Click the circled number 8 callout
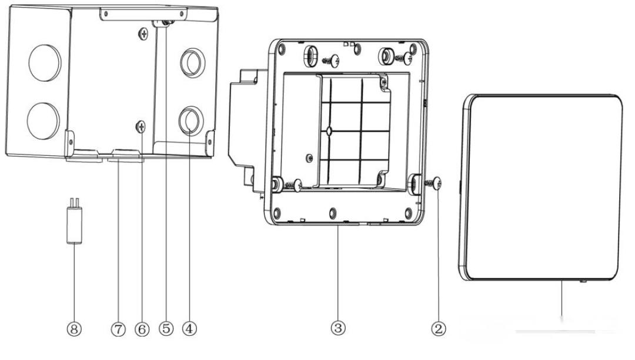(73, 329)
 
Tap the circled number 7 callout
(118, 329)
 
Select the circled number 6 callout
(142, 329)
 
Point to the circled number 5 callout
(166, 328)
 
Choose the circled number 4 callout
(189, 328)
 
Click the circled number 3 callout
(338, 328)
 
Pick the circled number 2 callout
(438, 328)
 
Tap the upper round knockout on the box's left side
(45, 63)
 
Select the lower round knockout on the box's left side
(44, 121)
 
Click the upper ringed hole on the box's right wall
(192, 63)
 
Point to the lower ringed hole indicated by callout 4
(191, 121)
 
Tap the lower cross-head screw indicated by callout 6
(141, 127)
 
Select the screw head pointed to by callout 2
(437, 184)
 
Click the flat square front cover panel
(541, 188)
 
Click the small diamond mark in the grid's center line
(329, 131)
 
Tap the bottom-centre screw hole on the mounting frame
(332, 212)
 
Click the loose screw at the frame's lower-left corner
(295, 185)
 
